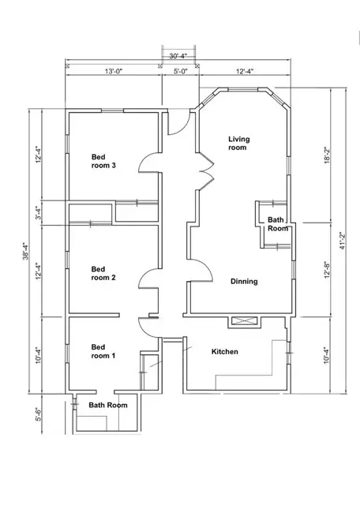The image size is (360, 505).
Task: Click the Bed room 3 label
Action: [103, 161]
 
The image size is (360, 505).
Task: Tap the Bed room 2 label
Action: [103, 273]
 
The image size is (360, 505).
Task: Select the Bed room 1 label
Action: [103, 351]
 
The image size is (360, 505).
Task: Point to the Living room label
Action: [239, 144]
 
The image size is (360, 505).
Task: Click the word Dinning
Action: [244, 282]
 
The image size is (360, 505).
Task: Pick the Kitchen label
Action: [225, 352]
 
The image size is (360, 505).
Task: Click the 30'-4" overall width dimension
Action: [178, 56]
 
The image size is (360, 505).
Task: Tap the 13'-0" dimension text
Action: [114, 71]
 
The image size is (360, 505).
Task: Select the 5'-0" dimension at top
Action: [181, 71]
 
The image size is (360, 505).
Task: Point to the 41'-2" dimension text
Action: [343, 241]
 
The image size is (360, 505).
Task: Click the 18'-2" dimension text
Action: [328, 155]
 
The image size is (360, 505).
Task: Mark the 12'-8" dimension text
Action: [328, 269]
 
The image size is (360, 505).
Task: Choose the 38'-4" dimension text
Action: [25, 251]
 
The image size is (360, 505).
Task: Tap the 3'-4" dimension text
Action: [39, 213]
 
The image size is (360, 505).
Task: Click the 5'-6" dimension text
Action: [39, 414]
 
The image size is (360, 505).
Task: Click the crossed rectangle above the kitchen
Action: [245, 321]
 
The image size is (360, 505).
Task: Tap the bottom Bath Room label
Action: [108, 405]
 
